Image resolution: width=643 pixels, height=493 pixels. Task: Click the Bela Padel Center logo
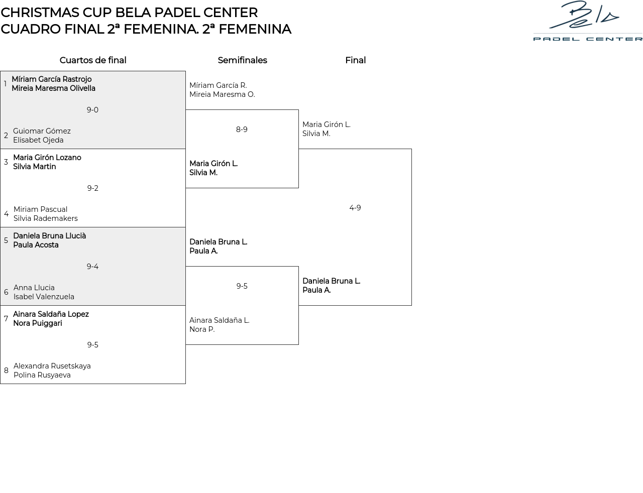click(587, 21)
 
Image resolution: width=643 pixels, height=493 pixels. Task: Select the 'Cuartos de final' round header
click(93, 60)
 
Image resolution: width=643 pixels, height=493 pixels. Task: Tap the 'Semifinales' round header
click(242, 60)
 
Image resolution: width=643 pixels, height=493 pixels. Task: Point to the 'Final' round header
click(355, 60)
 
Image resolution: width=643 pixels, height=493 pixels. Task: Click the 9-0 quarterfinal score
click(92, 110)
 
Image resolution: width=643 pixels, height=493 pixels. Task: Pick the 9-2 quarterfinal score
click(92, 188)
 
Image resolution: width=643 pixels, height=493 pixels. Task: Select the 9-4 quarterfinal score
click(92, 267)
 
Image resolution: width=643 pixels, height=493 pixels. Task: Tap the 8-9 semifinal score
click(242, 130)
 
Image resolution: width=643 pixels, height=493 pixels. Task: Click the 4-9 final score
click(355, 208)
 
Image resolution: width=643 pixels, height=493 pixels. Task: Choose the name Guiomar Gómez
click(42, 131)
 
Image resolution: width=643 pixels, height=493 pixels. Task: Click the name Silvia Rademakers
click(46, 218)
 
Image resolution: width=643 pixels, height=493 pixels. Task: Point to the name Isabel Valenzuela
click(44, 297)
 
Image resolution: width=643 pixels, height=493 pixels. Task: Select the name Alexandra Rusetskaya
click(52, 366)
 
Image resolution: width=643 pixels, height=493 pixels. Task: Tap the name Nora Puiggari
click(38, 323)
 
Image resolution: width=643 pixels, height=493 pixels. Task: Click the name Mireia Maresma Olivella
click(53, 88)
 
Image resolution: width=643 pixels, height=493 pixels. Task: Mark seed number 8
click(6, 371)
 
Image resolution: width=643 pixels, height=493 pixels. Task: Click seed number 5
click(6, 240)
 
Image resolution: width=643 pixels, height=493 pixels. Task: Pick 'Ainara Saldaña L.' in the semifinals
click(219, 320)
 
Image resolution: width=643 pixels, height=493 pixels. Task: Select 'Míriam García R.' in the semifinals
click(218, 85)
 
